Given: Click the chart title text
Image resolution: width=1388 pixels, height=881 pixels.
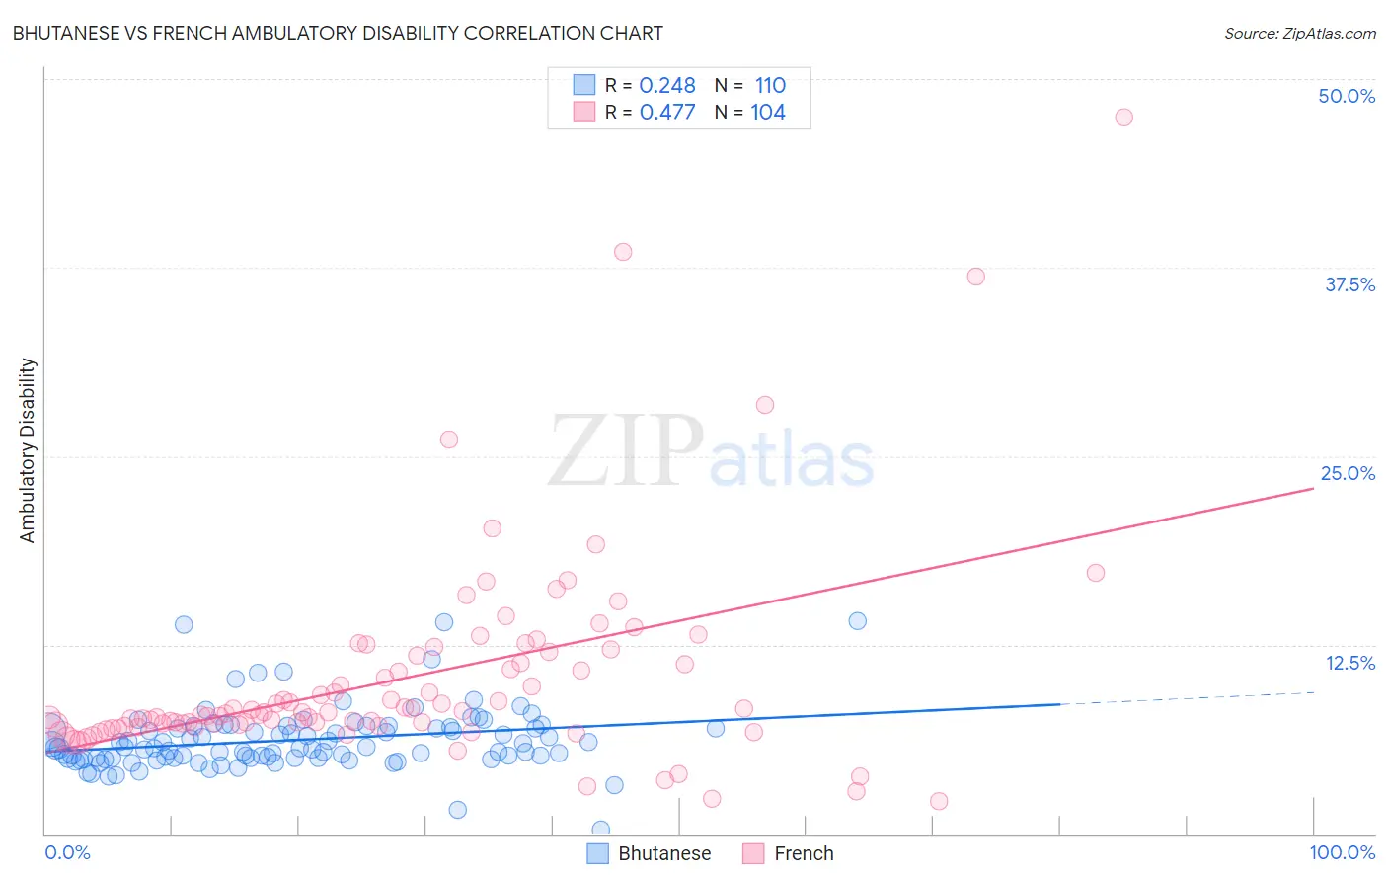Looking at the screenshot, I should (338, 33).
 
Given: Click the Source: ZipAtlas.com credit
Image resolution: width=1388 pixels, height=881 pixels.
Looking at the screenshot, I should (1299, 33).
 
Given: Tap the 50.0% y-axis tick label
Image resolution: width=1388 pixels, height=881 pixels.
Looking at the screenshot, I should (1347, 96).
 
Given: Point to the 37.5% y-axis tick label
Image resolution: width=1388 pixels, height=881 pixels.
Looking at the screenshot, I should (1349, 284).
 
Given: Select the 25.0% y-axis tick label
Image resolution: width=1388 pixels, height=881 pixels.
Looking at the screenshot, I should (1348, 473).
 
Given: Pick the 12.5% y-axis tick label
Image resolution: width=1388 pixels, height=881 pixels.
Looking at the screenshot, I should (1349, 663).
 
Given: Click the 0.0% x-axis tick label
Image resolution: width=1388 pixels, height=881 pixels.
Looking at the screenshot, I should (67, 852).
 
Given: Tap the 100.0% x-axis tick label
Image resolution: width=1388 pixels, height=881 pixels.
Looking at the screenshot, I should (1342, 852).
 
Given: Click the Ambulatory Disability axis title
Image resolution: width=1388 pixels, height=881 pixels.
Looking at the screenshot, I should (28, 449).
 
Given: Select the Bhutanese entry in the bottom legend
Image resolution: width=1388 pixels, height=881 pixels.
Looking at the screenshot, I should (663, 853).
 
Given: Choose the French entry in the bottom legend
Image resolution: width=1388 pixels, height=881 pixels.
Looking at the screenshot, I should (803, 853).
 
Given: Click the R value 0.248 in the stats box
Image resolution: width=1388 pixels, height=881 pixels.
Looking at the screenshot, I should (667, 86).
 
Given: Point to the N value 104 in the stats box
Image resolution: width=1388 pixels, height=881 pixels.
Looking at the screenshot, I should (768, 113).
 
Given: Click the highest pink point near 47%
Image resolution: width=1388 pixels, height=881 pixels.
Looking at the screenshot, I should (1123, 118).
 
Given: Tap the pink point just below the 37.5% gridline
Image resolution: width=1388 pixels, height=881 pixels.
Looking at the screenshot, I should (975, 277).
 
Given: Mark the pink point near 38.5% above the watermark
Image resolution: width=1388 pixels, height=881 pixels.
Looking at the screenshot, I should (623, 252).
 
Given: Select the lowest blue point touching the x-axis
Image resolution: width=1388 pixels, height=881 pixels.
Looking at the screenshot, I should (600, 829).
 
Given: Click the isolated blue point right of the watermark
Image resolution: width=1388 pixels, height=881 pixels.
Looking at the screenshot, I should (857, 621).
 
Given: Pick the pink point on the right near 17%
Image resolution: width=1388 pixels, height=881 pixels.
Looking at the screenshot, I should (1095, 573).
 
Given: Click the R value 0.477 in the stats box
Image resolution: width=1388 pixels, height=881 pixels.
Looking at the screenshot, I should (667, 113).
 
